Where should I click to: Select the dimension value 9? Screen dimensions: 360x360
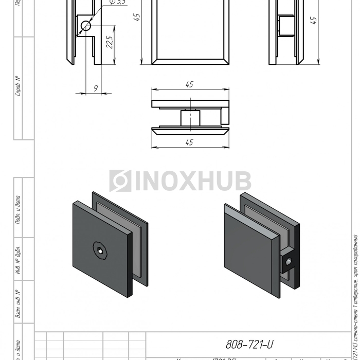pyautogui.click(x=96, y=88)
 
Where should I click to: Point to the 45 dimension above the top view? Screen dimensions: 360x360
pyautogui.click(x=189, y=84)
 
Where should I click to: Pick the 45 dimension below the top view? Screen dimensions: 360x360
pyautogui.click(x=189, y=142)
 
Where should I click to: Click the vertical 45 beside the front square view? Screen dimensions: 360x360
pyautogui.click(x=136, y=18)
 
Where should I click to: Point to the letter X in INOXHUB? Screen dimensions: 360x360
pyautogui.click(x=189, y=181)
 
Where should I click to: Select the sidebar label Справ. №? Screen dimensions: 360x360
pyautogui.click(x=18, y=86)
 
